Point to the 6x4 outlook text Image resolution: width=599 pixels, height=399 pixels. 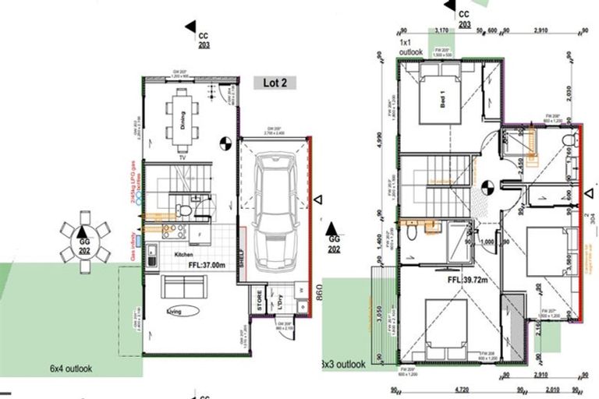72,368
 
